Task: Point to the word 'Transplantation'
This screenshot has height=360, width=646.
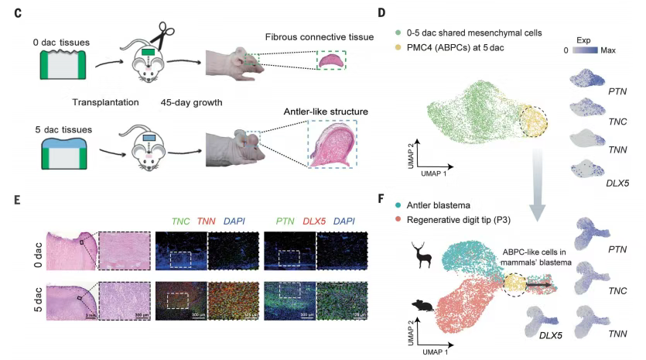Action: click(105, 101)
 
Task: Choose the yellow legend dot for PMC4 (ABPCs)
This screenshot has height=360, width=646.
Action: click(398, 47)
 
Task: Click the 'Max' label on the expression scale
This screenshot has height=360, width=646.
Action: click(607, 50)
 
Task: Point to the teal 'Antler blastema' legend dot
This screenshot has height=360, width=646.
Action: click(398, 205)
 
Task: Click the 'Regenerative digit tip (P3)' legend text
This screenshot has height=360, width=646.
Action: click(463, 220)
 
